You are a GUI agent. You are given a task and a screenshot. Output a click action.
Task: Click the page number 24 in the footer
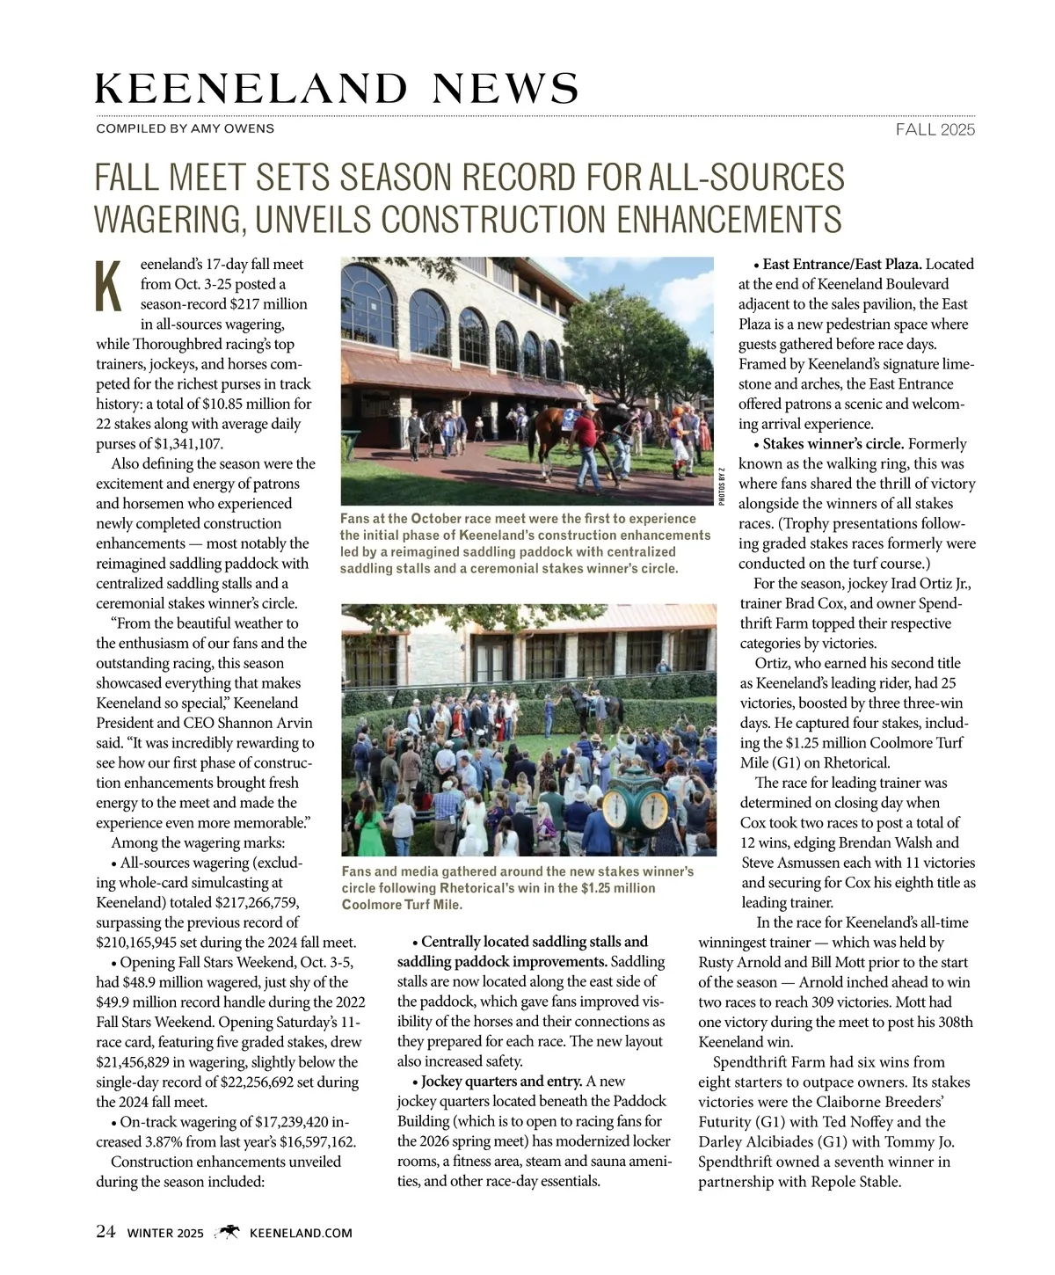tap(105, 1232)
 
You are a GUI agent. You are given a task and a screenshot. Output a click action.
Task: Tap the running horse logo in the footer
tap(228, 1232)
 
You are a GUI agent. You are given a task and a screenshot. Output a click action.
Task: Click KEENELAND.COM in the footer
tap(301, 1233)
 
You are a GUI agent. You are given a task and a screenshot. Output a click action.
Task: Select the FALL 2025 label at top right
tap(935, 130)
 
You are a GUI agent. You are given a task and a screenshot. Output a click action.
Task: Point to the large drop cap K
tap(109, 286)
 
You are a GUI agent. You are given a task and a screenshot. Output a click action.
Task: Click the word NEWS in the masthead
tap(506, 88)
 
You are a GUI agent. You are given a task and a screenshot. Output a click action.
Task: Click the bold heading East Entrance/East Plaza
tap(842, 264)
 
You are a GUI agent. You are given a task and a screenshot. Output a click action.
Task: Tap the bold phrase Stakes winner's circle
tap(834, 444)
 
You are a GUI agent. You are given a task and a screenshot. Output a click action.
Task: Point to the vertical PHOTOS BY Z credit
tap(721, 485)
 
